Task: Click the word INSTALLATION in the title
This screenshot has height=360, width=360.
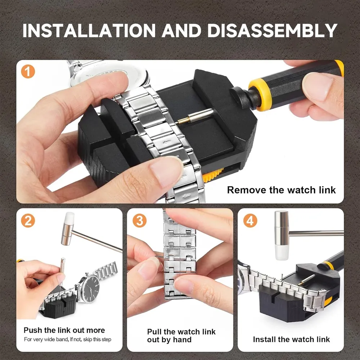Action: click(89, 30)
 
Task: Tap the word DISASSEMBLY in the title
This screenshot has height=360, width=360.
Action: click(272, 30)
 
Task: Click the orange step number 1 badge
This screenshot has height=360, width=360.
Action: click(28, 72)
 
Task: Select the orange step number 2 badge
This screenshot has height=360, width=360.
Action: click(28, 221)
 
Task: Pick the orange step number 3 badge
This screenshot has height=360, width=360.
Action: click(139, 221)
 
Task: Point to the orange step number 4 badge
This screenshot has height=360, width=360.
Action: click(250, 221)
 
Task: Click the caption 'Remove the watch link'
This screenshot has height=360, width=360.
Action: click(281, 190)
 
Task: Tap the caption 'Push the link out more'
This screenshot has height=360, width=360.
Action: click(64, 330)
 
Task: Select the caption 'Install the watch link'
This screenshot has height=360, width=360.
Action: click(291, 339)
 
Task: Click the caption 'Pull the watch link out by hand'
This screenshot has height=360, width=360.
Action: click(181, 336)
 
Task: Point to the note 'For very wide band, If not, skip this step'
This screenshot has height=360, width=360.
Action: click(68, 339)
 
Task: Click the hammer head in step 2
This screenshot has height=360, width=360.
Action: click(68, 229)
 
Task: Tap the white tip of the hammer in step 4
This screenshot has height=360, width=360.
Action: click(282, 253)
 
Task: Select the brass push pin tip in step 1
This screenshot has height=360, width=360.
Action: click(183, 121)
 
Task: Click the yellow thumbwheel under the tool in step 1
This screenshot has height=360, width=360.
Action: click(213, 175)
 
